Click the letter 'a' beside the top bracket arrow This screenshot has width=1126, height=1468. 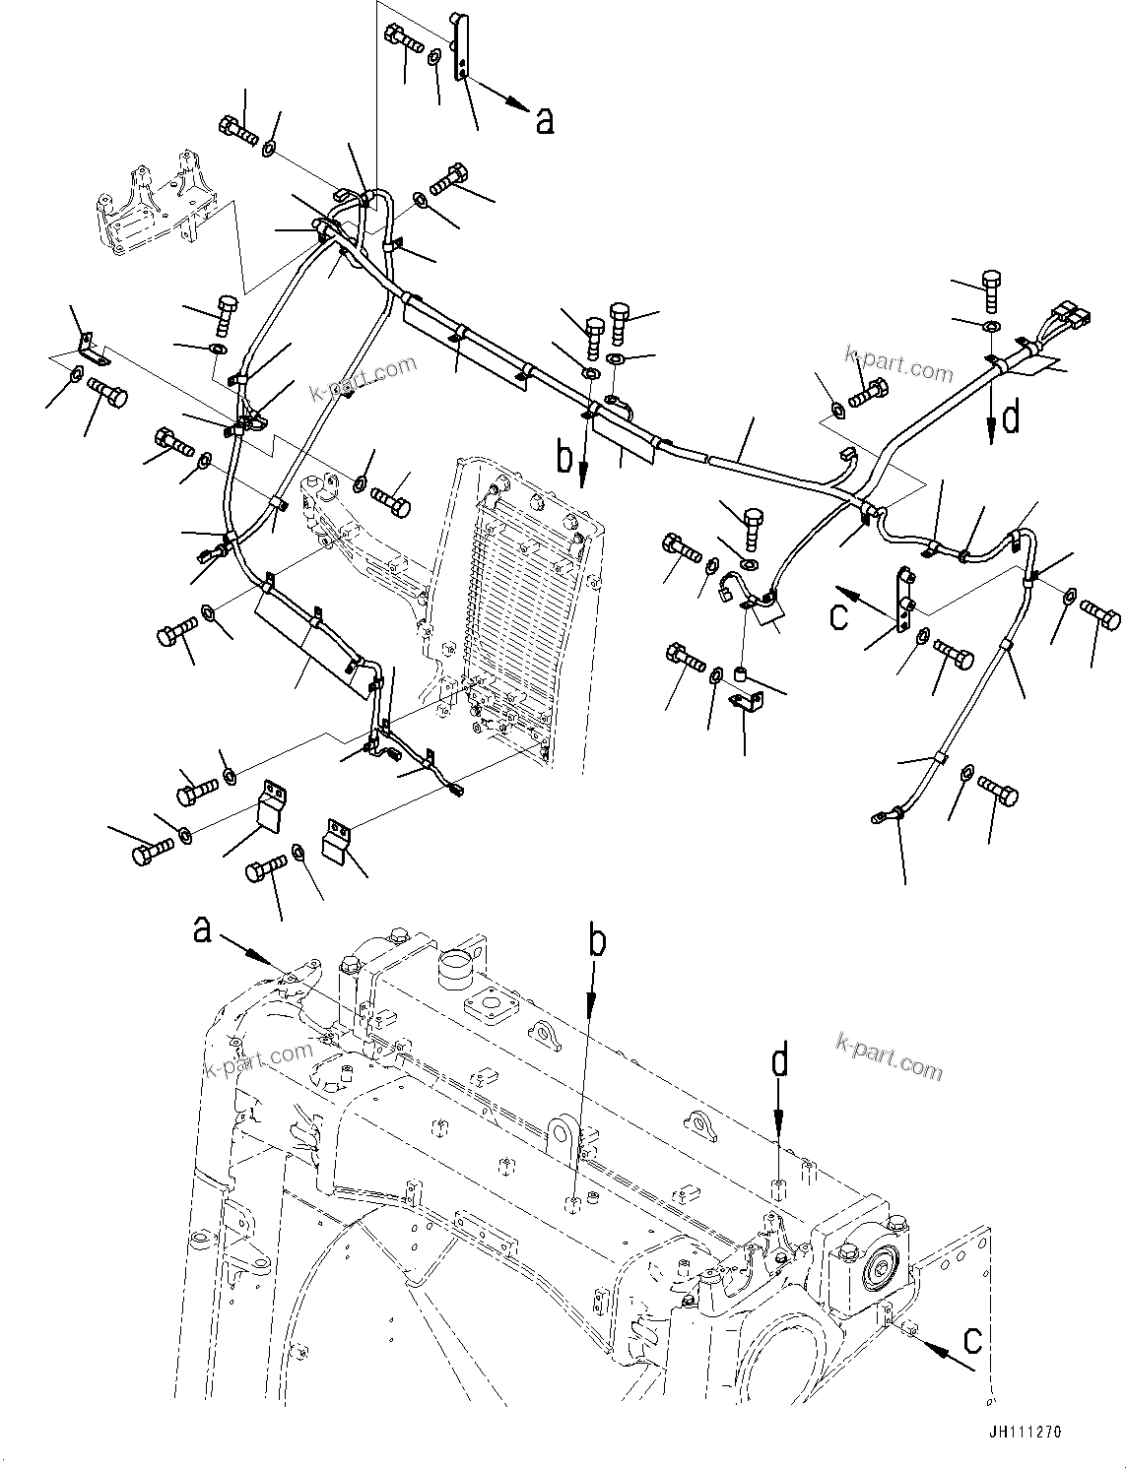click(x=544, y=120)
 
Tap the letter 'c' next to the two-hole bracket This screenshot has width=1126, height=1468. click(x=838, y=615)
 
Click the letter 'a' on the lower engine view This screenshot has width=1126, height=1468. click(x=202, y=928)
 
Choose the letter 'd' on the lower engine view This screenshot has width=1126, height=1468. click(x=779, y=1062)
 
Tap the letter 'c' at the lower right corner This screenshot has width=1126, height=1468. click(x=972, y=1339)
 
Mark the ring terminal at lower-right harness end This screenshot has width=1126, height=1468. click(x=879, y=814)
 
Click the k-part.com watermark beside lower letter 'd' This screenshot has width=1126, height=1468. click(x=889, y=1054)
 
